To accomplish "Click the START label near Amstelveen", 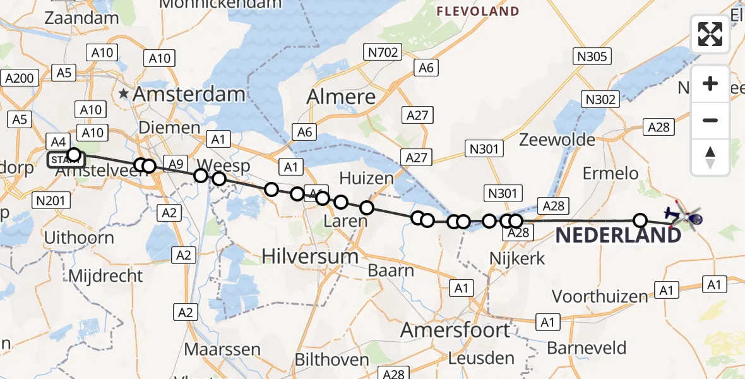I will pos(65,160).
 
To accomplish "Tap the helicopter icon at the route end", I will pos(685,217).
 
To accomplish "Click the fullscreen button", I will pos(710,34).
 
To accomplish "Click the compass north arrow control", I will pos(710,157).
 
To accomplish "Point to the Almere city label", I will pos(341,97).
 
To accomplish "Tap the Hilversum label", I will pos(309,256).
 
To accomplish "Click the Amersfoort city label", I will pos(455,330).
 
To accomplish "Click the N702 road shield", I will pos(383,52).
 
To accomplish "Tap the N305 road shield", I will pos(592,57).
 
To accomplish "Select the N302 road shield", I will pos(600,99).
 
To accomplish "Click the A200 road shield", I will pos(20,78).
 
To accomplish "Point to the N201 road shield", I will pos(49,200).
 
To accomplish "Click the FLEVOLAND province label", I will pos(478,11).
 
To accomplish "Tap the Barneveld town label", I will pos(587,348).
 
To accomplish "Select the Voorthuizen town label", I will pos(600,296).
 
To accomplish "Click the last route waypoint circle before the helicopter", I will pos(640,220).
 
